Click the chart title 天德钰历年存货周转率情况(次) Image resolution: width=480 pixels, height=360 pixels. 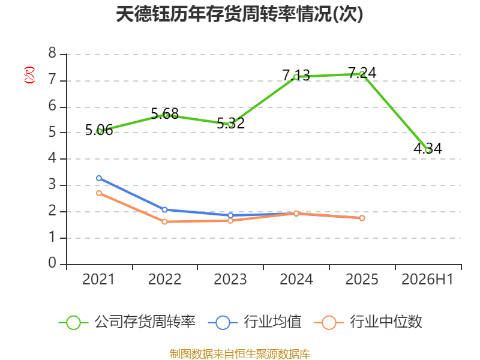click(x=239, y=14)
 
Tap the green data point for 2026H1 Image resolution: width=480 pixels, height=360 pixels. click(x=428, y=149)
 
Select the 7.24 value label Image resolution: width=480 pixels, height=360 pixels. click(x=362, y=73)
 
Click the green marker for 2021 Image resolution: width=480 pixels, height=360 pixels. click(x=99, y=131)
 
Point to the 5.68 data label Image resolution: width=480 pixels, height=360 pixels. click(x=164, y=114)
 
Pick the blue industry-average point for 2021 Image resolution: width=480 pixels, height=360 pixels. click(x=99, y=178)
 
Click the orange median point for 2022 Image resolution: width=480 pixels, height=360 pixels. click(x=164, y=221)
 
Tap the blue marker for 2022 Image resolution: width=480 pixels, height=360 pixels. click(x=164, y=209)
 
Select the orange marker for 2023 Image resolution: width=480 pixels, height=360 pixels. click(x=230, y=220)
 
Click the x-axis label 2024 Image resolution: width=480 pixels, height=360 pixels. click(x=296, y=280)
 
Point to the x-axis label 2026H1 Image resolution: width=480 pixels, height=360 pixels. click(x=427, y=280)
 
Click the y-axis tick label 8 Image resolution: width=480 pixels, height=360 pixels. click(x=52, y=53)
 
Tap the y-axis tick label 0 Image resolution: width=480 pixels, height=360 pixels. click(x=52, y=263)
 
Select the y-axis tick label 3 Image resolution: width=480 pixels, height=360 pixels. click(x=52, y=185)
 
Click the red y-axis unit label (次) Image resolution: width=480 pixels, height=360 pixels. click(x=29, y=75)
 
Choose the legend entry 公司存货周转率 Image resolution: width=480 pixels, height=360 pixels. click(x=127, y=322)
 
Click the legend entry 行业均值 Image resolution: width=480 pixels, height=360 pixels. click(x=254, y=322)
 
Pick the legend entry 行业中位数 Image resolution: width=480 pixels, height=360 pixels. click(x=368, y=322)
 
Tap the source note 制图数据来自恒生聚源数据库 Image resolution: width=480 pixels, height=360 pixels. click(x=240, y=354)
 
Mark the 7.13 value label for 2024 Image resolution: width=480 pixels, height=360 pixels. click(x=296, y=76)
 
